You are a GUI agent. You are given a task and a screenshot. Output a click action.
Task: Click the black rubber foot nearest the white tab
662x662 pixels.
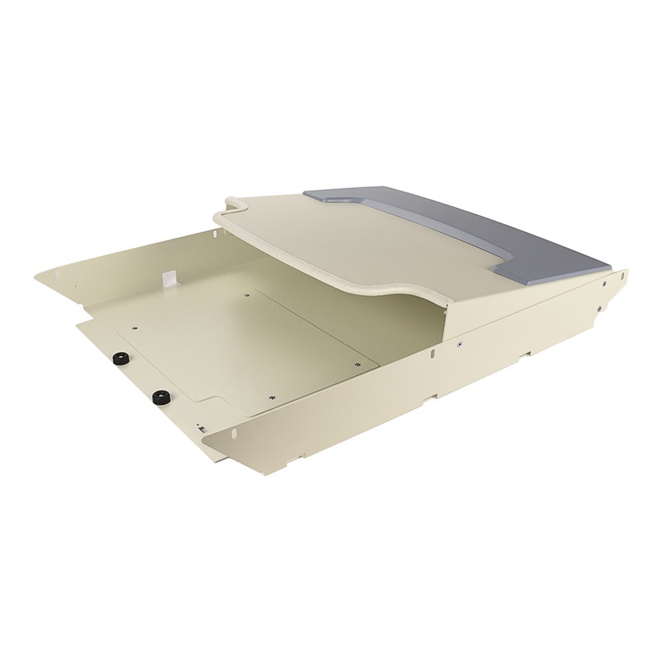[121, 360]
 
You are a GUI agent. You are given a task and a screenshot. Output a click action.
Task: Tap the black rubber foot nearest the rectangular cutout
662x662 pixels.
[159, 398]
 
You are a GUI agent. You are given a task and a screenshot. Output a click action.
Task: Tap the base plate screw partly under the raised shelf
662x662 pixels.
[246, 295]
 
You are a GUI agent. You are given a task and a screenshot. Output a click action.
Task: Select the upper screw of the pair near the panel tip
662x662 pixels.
[604, 285]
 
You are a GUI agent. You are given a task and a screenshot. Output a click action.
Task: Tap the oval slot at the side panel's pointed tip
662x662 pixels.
[622, 273]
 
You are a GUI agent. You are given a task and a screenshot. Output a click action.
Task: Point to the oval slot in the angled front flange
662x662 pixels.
[233, 435]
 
